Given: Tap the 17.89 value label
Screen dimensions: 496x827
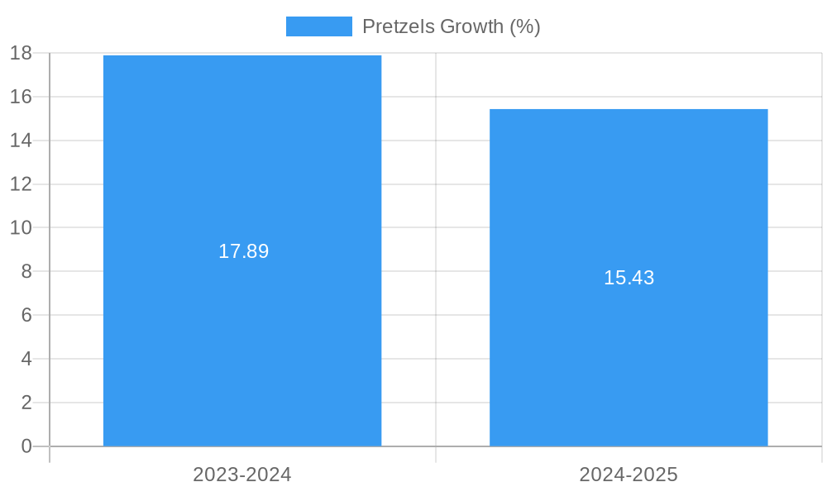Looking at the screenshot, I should [243, 251].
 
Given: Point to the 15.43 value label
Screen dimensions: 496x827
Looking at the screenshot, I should [629, 278].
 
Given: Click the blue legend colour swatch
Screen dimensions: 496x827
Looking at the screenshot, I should [318, 26].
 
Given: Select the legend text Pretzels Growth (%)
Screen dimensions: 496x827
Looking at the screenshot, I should [451, 26].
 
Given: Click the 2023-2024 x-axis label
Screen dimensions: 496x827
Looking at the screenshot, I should [242, 475].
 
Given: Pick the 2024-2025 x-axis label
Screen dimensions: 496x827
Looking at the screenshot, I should [629, 475].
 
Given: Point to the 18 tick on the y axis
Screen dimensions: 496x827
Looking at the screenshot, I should [21, 54].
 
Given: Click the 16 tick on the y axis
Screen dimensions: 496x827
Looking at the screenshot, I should [21, 97].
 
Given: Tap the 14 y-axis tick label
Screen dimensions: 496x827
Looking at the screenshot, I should [21, 141].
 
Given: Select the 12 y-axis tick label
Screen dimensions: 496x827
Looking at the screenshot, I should [21, 184].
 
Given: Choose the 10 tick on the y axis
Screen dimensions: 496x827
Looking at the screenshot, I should [21, 227].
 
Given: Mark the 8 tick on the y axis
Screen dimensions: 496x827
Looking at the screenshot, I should [26, 271].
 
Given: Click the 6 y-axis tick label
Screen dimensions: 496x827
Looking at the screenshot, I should [26, 315].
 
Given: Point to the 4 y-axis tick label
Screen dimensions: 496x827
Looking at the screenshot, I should [26, 359].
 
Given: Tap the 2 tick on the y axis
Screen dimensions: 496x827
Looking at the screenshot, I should [26, 403].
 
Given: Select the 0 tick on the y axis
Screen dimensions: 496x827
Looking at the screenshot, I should [26, 446].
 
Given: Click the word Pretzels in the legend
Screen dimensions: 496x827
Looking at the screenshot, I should [398, 26].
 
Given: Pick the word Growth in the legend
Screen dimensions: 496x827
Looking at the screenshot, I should [471, 26].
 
